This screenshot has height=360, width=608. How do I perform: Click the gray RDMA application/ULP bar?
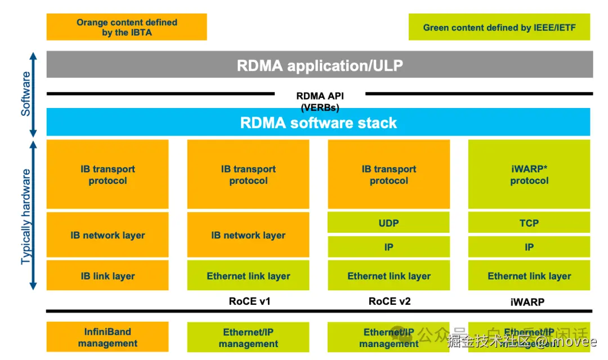point(319,65)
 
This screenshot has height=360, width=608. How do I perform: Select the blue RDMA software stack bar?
point(318,123)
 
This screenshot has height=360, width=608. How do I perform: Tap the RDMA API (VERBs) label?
point(320,101)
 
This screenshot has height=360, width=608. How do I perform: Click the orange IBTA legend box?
point(127,27)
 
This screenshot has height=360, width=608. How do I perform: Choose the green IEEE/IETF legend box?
point(499,27)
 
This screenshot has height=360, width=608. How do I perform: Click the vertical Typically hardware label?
point(26,217)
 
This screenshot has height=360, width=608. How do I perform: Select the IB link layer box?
point(108,276)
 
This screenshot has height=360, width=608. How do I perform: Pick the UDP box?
point(388,223)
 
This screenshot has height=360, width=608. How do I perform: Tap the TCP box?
point(529,223)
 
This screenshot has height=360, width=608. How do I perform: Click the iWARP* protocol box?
point(529,174)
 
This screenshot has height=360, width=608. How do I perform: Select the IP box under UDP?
point(388,247)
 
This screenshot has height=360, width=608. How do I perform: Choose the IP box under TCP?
point(529,247)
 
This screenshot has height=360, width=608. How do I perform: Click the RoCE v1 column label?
point(249,301)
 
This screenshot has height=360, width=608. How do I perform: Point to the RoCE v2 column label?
point(390,301)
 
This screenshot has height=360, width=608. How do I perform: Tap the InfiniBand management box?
point(108,337)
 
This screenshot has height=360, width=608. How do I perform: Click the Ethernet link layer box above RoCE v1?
point(248,276)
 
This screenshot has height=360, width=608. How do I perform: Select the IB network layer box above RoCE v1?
point(248,235)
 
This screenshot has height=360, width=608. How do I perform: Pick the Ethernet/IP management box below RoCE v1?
point(248,337)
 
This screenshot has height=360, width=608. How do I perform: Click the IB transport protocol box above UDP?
point(388,174)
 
